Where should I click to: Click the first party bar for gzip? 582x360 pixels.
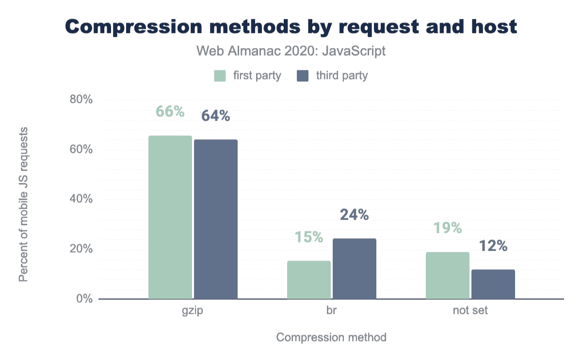pyautogui.click(x=170, y=217)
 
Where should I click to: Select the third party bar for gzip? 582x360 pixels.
pyautogui.click(x=216, y=219)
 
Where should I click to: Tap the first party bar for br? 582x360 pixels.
pyautogui.click(x=309, y=280)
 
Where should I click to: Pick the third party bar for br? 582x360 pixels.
pyautogui.click(x=355, y=269)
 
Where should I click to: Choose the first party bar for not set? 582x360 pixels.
pyautogui.click(x=448, y=276)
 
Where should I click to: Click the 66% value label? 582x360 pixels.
pyautogui.click(x=170, y=112)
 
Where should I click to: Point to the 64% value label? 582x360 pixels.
pyautogui.click(x=216, y=116)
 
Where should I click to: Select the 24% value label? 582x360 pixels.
pyautogui.click(x=355, y=214)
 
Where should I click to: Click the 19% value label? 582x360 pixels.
pyautogui.click(x=448, y=228)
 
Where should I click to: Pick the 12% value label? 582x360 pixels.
pyautogui.click(x=493, y=246)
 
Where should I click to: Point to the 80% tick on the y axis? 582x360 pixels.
pyautogui.click(x=81, y=100)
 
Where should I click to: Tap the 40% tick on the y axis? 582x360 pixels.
pyautogui.click(x=81, y=199)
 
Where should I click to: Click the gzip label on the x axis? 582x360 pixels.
pyautogui.click(x=193, y=311)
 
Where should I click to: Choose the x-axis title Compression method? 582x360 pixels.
pyautogui.click(x=331, y=337)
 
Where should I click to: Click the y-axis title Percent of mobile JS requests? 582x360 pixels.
pyautogui.click(x=23, y=204)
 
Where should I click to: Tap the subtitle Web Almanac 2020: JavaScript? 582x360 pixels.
pyautogui.click(x=291, y=51)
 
